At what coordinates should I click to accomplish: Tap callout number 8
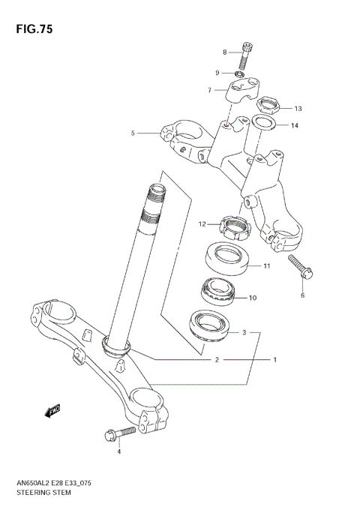[223, 52]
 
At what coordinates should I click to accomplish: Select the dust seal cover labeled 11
[229, 258]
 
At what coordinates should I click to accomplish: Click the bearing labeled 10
[218, 292]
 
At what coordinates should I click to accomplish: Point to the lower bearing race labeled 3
[208, 324]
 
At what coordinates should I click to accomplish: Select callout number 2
[217, 360]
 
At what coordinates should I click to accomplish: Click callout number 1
[275, 360]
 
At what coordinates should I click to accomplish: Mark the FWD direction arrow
[53, 410]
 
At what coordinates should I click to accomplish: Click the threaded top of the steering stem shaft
[154, 200]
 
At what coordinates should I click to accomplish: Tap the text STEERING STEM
[43, 494]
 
